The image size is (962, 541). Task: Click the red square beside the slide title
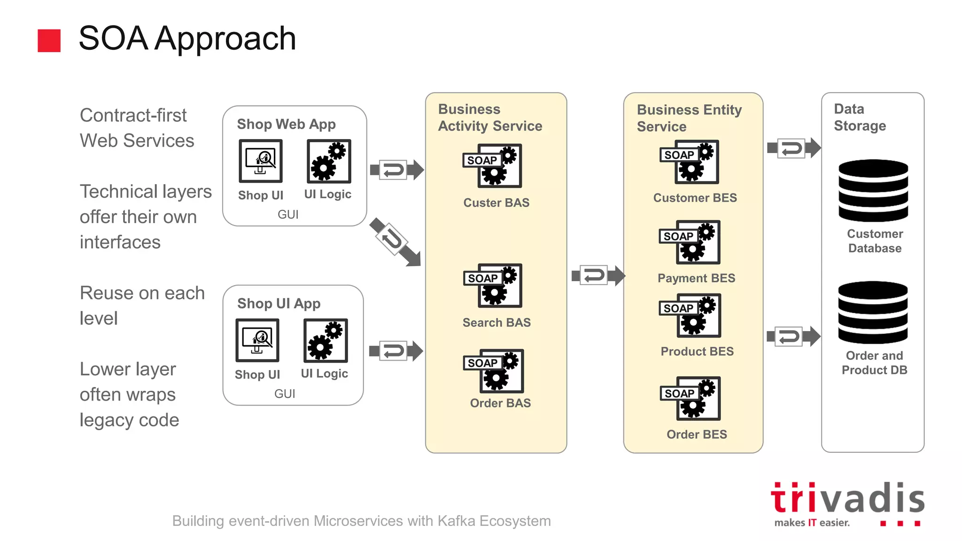pos(49,40)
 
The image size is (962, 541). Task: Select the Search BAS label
pos(497,323)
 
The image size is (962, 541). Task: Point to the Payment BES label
pos(696,278)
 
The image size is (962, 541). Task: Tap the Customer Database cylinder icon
pos(873,190)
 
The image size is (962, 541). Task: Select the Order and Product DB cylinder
pos(873,312)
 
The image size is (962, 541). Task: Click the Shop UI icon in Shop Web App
pos(261,161)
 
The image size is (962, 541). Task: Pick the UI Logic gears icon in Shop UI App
pos(326,340)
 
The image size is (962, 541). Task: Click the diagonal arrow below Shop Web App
pos(395,242)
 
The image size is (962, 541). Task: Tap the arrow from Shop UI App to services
pos(396,351)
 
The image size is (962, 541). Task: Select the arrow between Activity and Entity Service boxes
pos(598,275)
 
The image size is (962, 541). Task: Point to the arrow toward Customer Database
pos(794,148)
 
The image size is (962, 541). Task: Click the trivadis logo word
pos(847,498)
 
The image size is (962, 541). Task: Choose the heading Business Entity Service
pos(689,118)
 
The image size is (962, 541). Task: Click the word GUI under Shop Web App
pos(288,215)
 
